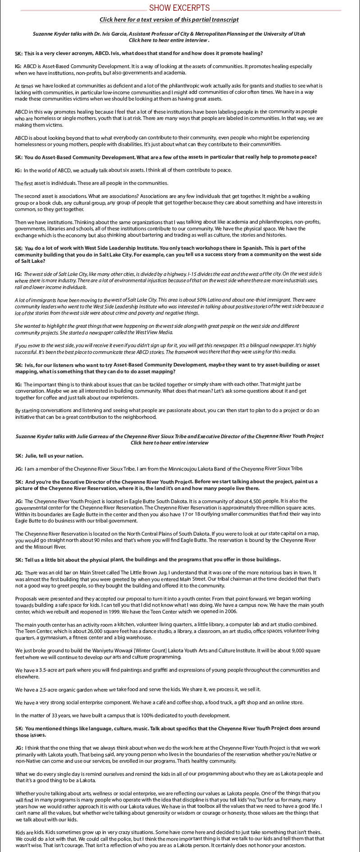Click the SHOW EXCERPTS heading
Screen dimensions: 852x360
[x=179, y=8]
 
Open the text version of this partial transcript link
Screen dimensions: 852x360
[x=169, y=20]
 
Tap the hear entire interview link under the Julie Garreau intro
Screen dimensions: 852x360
[x=169, y=443]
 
